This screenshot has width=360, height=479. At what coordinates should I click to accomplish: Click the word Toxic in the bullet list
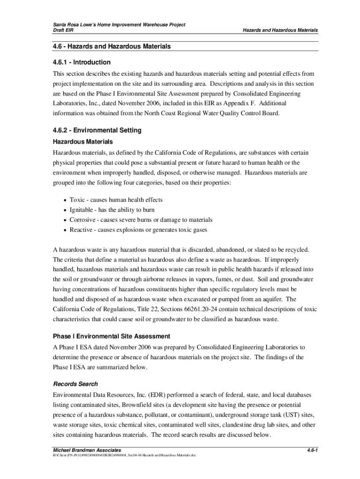click(x=78, y=200)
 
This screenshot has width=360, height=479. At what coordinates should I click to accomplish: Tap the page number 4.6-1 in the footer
click(x=312, y=450)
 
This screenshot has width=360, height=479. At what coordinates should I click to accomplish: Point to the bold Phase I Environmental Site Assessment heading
click(x=111, y=336)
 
